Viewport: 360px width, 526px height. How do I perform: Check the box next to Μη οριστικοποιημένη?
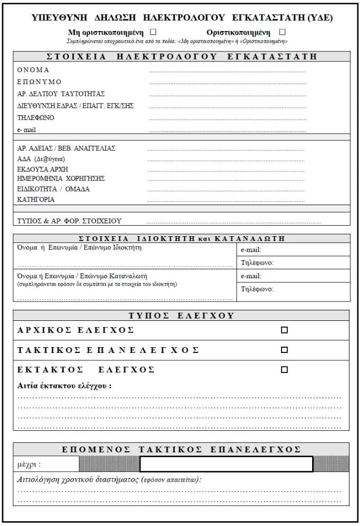tap(154, 32)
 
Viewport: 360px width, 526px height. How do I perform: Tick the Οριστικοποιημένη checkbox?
tap(283, 32)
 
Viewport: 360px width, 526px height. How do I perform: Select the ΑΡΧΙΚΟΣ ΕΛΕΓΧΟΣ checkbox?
tap(285, 330)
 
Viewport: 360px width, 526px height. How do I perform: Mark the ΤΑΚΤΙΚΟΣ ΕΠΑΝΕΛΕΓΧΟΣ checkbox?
tap(285, 350)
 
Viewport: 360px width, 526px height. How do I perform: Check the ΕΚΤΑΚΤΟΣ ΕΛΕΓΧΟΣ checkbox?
tap(285, 369)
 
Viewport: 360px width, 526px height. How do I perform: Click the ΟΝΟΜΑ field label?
tap(33, 70)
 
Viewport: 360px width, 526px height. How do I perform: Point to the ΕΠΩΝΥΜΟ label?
tap(39, 82)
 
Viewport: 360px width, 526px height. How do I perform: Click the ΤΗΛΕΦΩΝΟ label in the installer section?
tap(36, 118)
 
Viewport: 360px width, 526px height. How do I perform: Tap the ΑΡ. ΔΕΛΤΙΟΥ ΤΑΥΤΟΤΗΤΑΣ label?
tap(61, 94)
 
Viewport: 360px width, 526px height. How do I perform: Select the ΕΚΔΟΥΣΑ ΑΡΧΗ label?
tap(43, 169)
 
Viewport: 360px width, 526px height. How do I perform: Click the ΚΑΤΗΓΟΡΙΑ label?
tap(36, 200)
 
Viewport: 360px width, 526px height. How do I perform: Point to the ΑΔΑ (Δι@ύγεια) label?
tap(42, 159)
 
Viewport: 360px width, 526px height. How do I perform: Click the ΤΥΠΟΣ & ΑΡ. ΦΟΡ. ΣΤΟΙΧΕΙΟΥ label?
tap(69, 221)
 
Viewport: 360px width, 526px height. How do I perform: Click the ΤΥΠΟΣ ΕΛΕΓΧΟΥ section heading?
tap(182, 316)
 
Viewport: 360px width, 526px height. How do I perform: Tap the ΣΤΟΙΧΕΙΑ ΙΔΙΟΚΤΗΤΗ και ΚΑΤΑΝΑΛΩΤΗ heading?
tap(182, 238)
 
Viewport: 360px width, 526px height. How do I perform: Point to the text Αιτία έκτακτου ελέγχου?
tap(64, 386)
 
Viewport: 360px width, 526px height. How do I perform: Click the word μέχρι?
tap(29, 464)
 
